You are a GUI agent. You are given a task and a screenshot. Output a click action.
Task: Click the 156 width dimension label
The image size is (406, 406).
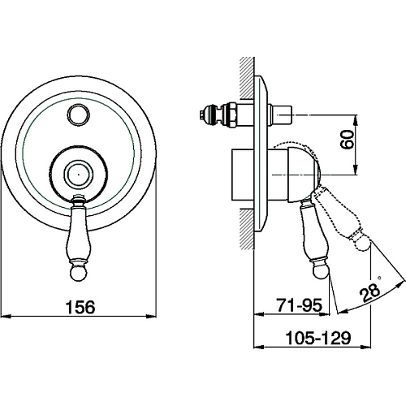click(80, 307)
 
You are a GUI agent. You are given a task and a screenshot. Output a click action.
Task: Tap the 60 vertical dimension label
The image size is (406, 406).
click(348, 139)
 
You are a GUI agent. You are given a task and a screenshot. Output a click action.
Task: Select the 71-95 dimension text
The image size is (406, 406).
click(300, 305)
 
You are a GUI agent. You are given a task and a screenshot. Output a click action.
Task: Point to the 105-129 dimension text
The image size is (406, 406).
click(318, 338)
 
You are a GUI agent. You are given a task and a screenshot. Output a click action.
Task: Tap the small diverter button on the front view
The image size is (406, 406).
click(79, 115)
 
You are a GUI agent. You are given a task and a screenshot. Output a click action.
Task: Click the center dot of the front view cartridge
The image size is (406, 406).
click(78, 175)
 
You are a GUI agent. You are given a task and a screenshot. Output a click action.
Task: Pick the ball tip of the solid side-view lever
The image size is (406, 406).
click(321, 271)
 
